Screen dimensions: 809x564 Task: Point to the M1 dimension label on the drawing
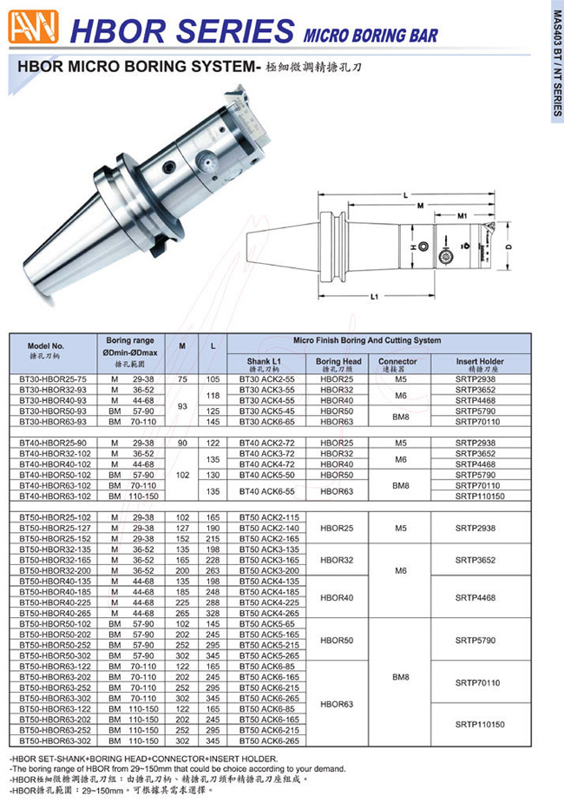pyautogui.click(x=462, y=214)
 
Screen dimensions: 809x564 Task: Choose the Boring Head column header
pyautogui.click(x=338, y=365)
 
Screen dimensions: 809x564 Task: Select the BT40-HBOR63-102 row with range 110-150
pyautogui.click(x=53, y=496)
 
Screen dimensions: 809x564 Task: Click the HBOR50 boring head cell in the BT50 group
pyautogui.click(x=338, y=640)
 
